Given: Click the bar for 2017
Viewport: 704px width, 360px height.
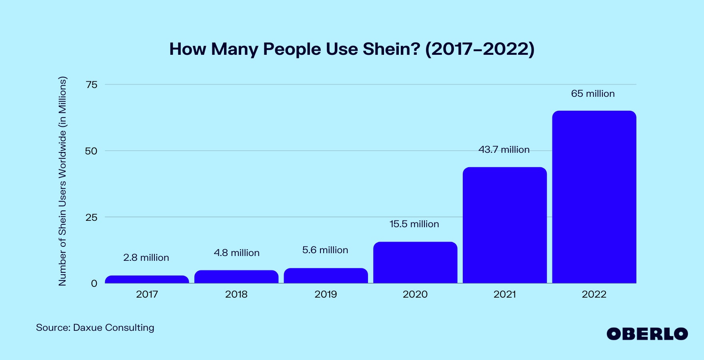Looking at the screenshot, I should click(147, 279).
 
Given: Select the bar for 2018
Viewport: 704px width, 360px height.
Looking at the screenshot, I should click(236, 277).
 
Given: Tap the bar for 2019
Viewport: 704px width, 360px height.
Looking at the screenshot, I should click(326, 276).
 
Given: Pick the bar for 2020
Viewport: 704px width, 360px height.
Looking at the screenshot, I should click(415, 262).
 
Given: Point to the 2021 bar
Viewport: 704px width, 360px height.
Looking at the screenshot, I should click(505, 225).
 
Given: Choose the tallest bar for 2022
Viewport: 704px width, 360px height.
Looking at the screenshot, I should click(594, 197).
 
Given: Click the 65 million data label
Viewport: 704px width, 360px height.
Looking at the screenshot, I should click(593, 94).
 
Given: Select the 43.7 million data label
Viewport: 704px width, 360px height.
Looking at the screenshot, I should click(504, 150).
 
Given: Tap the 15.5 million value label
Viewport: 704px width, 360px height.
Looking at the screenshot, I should click(414, 224).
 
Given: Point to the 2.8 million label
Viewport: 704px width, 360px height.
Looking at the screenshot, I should click(146, 258).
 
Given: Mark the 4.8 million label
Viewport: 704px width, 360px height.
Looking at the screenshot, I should click(236, 253).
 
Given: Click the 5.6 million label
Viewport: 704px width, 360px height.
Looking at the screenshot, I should click(325, 250).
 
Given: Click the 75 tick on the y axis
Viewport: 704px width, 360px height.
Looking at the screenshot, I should click(92, 84).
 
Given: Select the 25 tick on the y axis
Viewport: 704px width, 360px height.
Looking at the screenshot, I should click(92, 217).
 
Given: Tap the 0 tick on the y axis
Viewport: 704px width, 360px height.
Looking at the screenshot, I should click(94, 284).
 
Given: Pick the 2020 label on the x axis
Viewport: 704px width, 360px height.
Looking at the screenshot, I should click(415, 294).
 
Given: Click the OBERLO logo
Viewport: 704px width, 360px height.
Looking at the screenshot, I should click(647, 334).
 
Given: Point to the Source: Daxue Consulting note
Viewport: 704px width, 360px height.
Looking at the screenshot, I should click(95, 328).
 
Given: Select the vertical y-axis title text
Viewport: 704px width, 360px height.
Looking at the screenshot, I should click(62, 181).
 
